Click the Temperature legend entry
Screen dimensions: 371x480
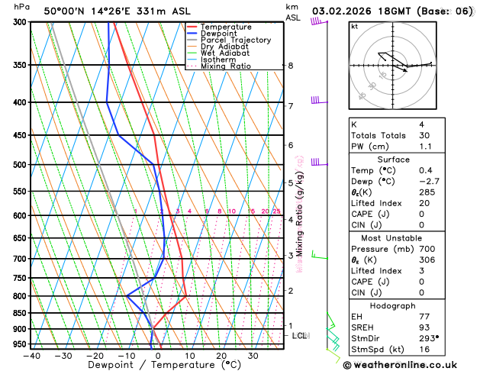[226, 27]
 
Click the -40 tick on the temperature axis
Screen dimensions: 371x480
[31, 356]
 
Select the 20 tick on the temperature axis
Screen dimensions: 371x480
[221, 356]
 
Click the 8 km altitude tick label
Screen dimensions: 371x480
[291, 66]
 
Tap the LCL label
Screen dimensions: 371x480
[300, 335]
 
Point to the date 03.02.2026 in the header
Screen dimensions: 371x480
[343, 11]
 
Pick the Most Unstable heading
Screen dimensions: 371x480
[393, 238]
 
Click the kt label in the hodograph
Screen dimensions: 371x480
[354, 27]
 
